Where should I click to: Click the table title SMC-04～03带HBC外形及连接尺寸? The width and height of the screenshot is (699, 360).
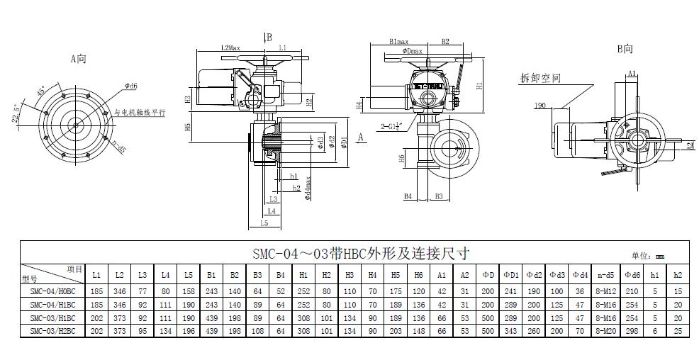coord(361,253)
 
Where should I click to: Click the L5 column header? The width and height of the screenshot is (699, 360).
coord(188,274)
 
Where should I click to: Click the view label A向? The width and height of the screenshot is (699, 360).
coord(78,60)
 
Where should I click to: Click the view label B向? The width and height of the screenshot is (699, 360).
coord(625,49)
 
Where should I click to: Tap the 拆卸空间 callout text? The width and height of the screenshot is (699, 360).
coord(540,77)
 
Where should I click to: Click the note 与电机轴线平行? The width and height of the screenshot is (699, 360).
coord(140,112)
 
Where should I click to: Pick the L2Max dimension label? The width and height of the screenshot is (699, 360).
coord(231,47)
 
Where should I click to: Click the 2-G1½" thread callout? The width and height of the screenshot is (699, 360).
coord(391,126)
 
